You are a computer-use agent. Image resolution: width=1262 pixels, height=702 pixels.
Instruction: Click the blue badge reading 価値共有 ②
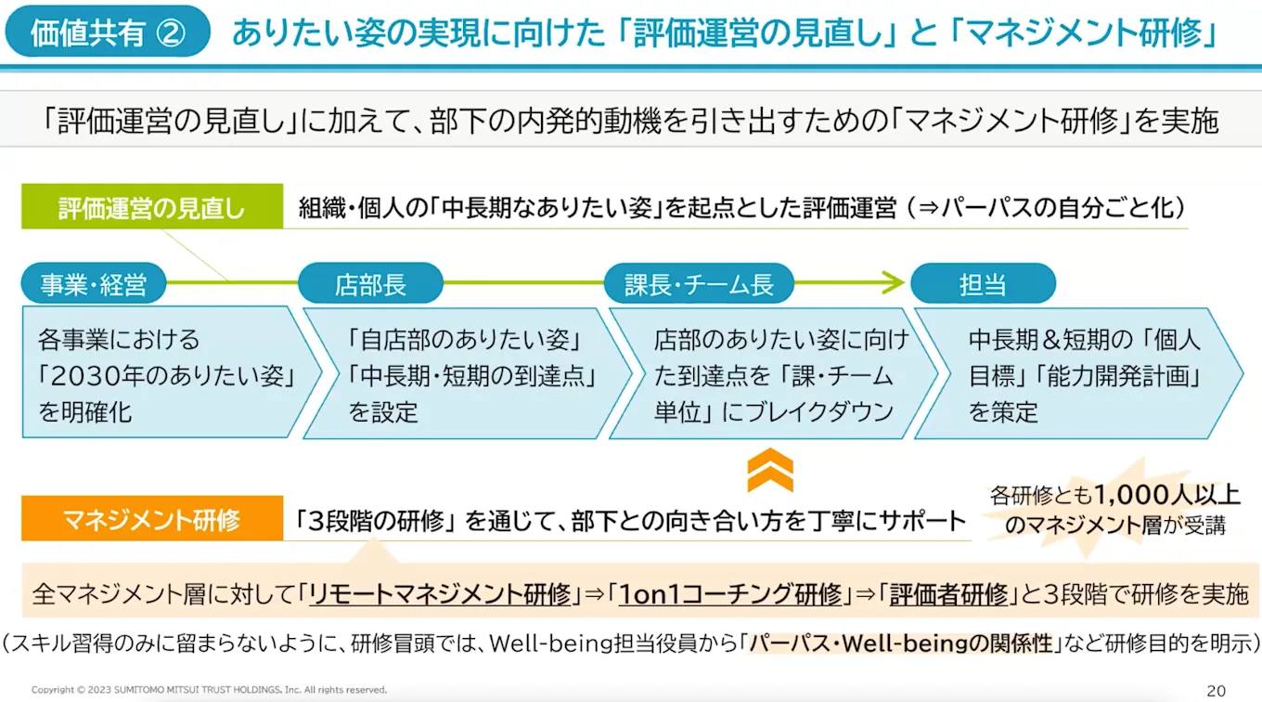point(108,33)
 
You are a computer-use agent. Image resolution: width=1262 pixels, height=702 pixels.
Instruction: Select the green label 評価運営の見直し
point(152,208)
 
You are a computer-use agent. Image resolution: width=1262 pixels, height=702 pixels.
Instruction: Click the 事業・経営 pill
point(94,284)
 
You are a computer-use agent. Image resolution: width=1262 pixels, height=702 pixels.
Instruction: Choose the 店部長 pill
point(370,284)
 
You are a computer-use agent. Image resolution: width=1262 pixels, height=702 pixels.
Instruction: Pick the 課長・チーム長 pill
point(699,284)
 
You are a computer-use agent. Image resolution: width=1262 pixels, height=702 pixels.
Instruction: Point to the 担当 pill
point(983,284)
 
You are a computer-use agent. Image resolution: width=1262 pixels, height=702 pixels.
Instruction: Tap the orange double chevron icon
point(770,470)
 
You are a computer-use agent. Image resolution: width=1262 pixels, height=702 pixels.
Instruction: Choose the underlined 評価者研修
point(948,594)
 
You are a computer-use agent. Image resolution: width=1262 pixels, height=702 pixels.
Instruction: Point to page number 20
point(1216,690)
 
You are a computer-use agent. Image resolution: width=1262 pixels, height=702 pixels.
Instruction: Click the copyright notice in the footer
point(209,690)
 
